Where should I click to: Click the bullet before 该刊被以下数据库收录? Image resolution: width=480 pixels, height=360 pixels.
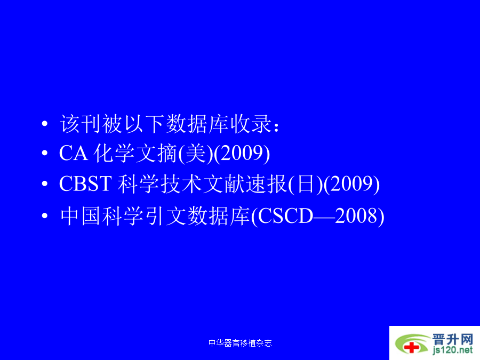[x=45, y=124]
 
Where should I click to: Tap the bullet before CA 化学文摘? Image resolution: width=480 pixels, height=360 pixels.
[x=45, y=153]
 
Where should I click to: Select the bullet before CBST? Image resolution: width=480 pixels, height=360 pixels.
[x=45, y=183]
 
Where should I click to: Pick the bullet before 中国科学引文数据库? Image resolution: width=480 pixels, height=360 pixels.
[x=45, y=216]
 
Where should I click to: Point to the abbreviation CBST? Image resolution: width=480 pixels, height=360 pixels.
[x=85, y=183]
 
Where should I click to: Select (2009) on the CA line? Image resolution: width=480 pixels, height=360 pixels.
[x=242, y=154]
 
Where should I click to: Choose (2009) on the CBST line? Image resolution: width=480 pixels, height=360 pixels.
[x=352, y=184]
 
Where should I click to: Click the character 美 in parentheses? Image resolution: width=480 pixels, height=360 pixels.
[x=195, y=154]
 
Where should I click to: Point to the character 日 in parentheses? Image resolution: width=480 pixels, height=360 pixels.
[x=305, y=184]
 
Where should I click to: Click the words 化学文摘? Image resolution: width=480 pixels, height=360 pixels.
[x=135, y=154]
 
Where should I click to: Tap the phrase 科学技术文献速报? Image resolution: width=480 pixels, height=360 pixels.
[x=202, y=184]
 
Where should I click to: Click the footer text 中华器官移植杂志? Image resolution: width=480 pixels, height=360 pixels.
[x=240, y=343]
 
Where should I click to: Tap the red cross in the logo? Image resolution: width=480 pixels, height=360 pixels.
[x=412, y=347]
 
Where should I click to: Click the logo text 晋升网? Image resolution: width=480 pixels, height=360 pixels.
[x=453, y=340]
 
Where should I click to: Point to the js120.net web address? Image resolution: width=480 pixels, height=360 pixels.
[x=453, y=350]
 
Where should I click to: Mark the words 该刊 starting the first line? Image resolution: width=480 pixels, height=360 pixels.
[x=81, y=124]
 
